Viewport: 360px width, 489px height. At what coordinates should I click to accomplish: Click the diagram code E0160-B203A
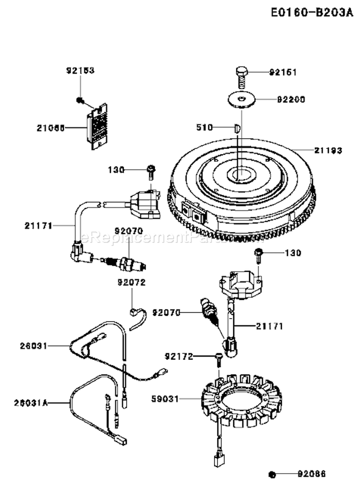click(x=310, y=12)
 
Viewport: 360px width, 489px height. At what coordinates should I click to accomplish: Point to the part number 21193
click(x=328, y=150)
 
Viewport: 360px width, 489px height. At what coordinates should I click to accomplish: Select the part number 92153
click(x=80, y=71)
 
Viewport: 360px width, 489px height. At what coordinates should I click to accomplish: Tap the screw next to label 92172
click(x=219, y=358)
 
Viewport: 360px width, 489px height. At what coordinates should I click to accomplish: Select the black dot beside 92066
click(x=271, y=475)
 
